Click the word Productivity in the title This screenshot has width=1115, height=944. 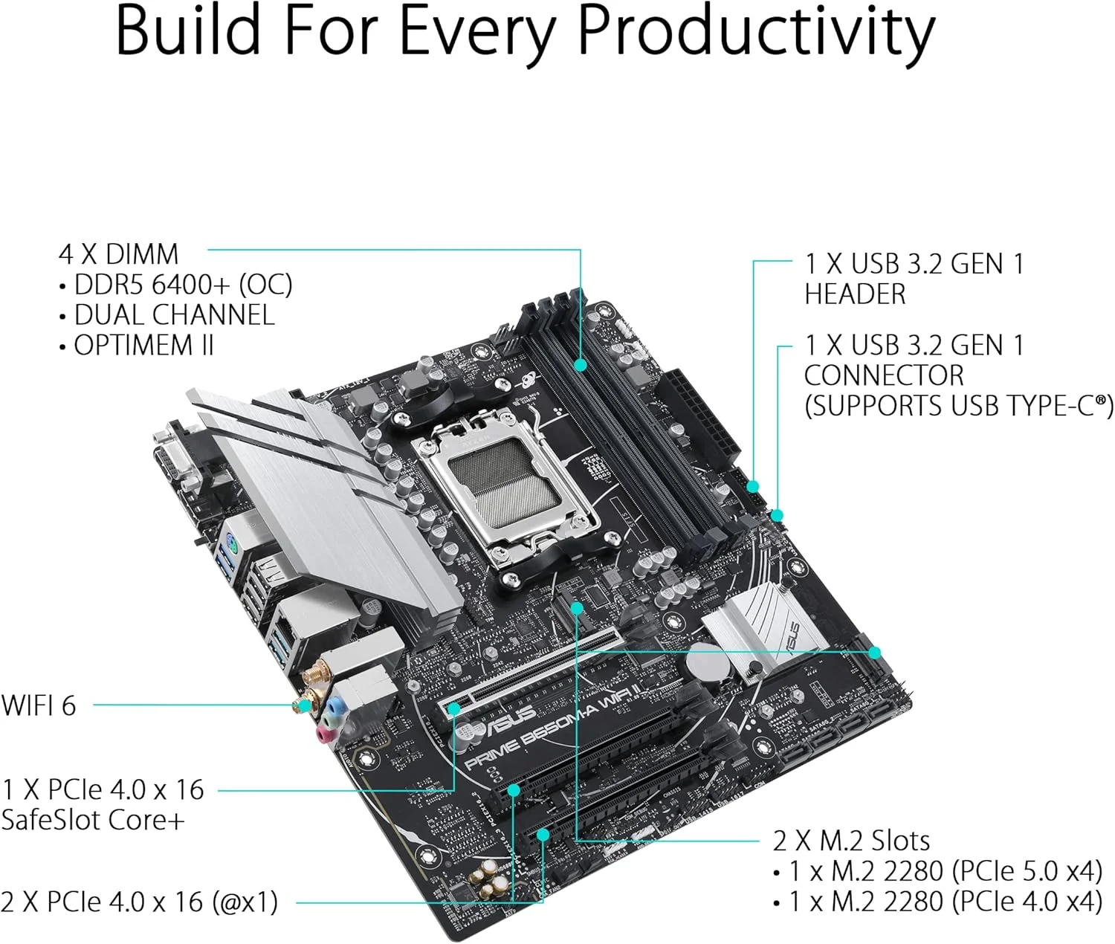pyautogui.click(x=756, y=31)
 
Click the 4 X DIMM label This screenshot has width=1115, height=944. pyautogui.click(x=118, y=254)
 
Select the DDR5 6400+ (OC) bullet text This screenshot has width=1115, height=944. pyautogui.click(x=183, y=285)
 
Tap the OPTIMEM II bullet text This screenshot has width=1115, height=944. pyautogui.click(x=143, y=346)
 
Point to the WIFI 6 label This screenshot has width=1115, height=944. pyautogui.click(x=39, y=705)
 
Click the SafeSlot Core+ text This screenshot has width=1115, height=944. pyautogui.click(x=92, y=820)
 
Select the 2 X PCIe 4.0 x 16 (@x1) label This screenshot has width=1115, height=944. pyautogui.click(x=139, y=902)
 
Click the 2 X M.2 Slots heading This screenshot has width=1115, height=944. pyautogui.click(x=851, y=841)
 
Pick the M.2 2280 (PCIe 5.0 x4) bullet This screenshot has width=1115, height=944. pyautogui.click(x=945, y=870)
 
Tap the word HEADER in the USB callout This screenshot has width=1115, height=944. pyautogui.click(x=855, y=294)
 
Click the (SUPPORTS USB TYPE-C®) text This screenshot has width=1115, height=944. pyautogui.click(x=958, y=406)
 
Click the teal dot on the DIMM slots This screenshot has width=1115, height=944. pyautogui.click(x=581, y=365)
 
